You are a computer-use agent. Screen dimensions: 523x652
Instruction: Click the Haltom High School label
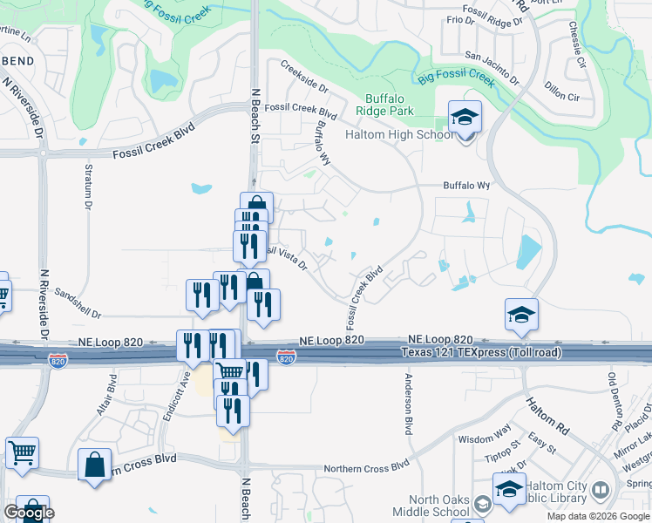400,134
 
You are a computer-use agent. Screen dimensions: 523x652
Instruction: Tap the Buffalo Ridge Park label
390,105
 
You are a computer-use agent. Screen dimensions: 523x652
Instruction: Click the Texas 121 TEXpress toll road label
482,352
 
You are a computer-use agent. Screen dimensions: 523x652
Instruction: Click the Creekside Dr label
304,77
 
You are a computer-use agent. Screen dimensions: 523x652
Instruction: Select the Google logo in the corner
29,513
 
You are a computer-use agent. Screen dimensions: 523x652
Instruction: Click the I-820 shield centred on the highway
286,357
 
